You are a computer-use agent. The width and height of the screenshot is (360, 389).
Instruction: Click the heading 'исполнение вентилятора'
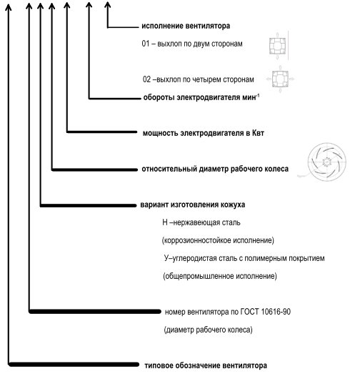186,26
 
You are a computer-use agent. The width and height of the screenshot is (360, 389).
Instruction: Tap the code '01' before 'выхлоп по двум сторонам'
146,44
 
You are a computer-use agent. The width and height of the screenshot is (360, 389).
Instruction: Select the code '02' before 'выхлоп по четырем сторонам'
146,79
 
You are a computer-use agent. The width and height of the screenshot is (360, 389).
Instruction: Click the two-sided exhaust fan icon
278,46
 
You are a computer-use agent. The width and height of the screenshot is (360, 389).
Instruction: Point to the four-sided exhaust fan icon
280,79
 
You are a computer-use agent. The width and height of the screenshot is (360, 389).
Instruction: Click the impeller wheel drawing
326,162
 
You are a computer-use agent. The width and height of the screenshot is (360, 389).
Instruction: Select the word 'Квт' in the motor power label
258,133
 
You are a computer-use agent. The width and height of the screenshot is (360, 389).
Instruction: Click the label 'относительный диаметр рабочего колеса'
215,169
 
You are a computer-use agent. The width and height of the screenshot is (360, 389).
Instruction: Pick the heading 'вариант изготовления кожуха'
193,205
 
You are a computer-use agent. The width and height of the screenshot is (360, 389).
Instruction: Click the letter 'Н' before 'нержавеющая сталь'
165,222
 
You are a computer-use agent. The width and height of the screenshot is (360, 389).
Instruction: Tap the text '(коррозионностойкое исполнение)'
218,240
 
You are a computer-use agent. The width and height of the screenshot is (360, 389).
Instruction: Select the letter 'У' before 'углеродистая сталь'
166,258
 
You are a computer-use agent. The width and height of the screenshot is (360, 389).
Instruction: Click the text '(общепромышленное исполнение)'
220,276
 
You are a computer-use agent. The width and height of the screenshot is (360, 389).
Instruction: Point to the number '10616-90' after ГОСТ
276,312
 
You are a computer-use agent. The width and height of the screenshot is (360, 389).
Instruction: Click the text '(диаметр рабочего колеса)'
208,330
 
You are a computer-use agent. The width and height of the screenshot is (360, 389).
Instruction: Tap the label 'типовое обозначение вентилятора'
206,365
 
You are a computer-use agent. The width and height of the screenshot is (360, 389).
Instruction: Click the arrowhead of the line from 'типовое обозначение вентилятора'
9,7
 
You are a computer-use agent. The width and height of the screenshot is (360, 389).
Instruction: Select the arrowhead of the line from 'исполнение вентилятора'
108,5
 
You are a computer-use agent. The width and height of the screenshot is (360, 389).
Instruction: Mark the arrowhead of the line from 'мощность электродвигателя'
67,6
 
